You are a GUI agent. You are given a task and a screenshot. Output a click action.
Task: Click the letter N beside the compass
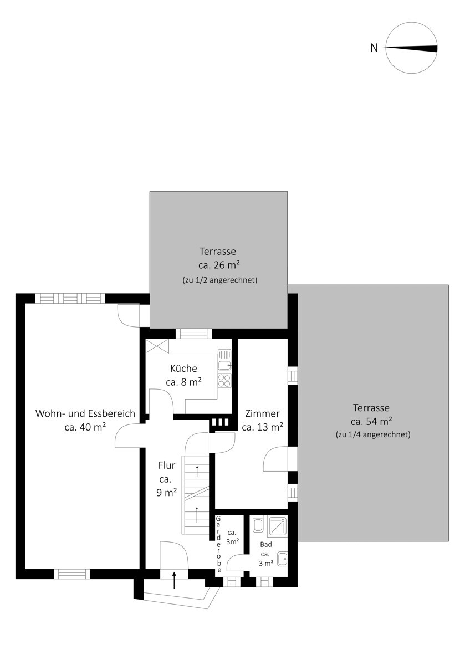point(374,48)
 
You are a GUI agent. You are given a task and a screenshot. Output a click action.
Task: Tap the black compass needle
point(411,48)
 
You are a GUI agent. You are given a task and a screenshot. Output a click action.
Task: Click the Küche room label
point(183,369)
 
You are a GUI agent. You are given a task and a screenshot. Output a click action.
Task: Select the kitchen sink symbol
point(224,360)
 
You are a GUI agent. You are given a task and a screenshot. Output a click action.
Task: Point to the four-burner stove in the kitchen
point(224,381)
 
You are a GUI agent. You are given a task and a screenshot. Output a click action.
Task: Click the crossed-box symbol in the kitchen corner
point(157,346)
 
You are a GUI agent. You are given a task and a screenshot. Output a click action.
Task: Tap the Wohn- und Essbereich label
point(85,413)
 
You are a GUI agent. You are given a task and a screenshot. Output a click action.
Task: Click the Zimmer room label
point(263,413)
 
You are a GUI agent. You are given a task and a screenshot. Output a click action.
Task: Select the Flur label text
point(167,465)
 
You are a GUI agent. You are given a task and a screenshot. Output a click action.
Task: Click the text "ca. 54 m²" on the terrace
point(371,421)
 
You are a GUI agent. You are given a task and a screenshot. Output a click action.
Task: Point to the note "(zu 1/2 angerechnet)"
point(219,280)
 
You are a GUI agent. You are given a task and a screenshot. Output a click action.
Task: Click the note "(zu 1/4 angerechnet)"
point(373,434)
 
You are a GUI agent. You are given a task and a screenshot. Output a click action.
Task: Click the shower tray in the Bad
point(277,526)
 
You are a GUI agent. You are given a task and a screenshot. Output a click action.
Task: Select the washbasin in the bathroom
point(282,559)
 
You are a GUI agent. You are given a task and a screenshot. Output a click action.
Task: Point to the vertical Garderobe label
point(218,544)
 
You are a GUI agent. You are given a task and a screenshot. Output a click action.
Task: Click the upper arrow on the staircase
point(197,471)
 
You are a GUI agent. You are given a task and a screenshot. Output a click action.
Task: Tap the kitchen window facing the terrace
point(193,334)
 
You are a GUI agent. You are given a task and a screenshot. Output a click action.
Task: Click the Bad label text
point(265,544)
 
